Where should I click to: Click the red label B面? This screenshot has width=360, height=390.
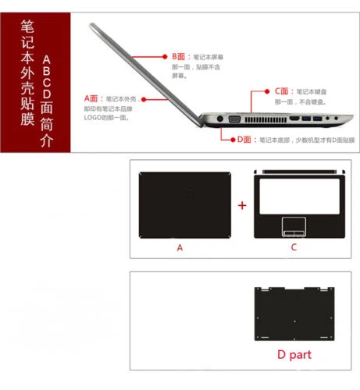click(179, 57)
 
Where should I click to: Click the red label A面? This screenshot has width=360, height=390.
click(91, 99)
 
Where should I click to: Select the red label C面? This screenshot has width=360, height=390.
click(282, 91)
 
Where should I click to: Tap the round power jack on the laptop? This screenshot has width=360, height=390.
click(213, 119)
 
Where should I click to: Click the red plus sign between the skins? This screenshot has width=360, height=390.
click(242, 205)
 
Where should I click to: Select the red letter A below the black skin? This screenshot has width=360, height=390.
click(180, 248)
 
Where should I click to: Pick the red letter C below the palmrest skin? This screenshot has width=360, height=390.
click(294, 248)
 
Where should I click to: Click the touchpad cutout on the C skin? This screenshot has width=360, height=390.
click(294, 229)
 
